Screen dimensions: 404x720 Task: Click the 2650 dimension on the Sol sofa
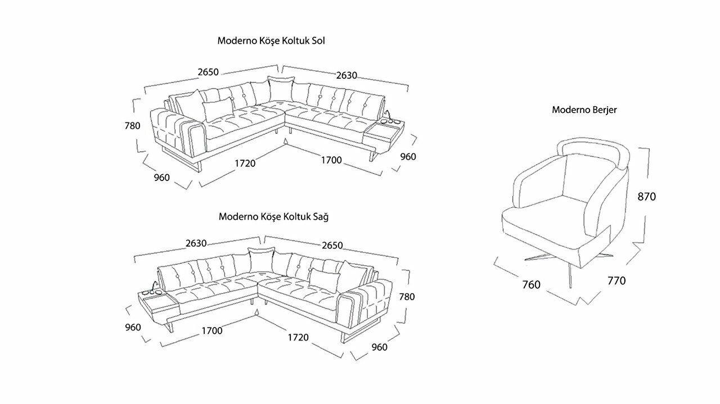click(x=208, y=72)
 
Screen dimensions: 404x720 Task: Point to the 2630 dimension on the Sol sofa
click(x=346, y=76)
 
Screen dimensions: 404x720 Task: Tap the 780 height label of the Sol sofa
click(x=132, y=126)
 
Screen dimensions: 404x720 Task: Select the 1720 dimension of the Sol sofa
click(x=245, y=163)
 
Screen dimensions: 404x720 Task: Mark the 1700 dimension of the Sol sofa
click(x=331, y=160)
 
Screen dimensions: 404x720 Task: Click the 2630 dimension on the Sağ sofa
click(x=196, y=243)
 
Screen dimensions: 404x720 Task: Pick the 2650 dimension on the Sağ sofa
click(x=332, y=246)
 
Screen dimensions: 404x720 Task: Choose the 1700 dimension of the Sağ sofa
click(x=212, y=330)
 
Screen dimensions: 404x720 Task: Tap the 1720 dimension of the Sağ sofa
click(x=298, y=337)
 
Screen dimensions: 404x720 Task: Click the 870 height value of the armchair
click(x=646, y=197)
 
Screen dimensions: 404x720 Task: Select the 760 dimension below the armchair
click(x=531, y=285)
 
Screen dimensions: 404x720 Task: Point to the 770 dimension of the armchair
click(x=616, y=280)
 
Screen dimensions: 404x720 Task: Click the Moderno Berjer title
click(x=584, y=110)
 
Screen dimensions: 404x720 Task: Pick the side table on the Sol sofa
click(x=384, y=134)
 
